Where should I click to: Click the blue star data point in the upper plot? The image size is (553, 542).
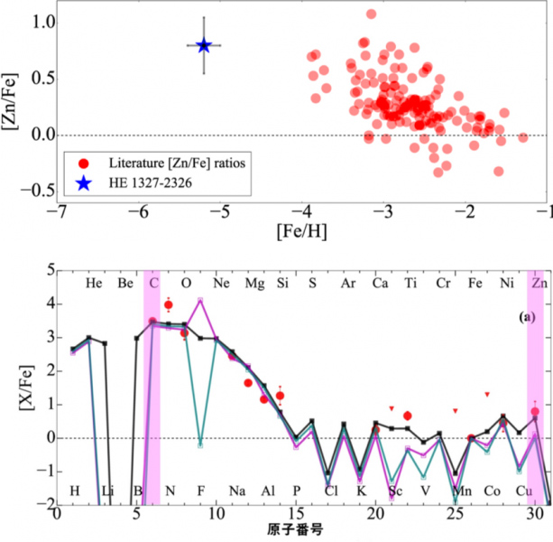point(204,45)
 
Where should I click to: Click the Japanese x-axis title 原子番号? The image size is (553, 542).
point(302,528)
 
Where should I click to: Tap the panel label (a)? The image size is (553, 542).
point(528,318)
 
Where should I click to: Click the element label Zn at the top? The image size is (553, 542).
point(540,283)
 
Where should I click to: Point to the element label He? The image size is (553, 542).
point(94,283)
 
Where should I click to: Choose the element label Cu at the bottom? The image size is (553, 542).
point(524,491)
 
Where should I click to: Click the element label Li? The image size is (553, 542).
point(106,491)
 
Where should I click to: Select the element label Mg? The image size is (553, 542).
point(254,283)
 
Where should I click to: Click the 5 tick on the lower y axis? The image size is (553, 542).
point(38,268)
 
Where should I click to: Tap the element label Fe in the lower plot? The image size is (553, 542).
point(475,283)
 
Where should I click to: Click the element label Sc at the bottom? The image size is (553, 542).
point(396,491)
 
